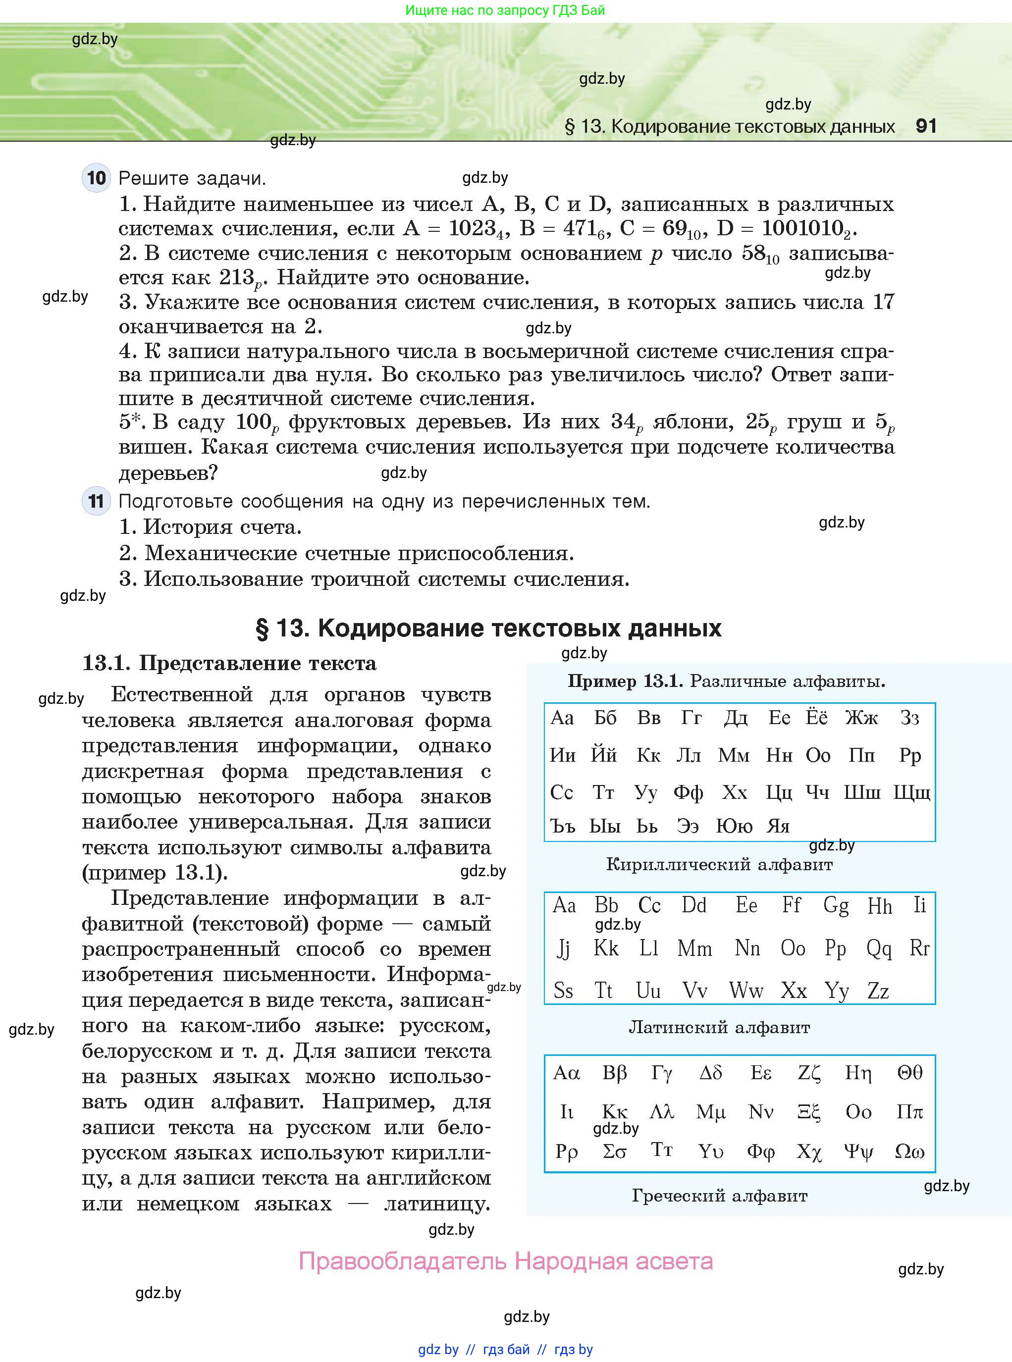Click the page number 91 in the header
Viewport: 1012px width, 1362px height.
pos(926,126)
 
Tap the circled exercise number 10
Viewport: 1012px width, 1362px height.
pos(96,178)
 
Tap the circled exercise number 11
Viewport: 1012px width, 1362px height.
pos(96,502)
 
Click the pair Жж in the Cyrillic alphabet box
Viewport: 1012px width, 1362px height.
pos(861,717)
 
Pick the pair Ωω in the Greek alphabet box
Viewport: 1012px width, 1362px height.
pos(909,1152)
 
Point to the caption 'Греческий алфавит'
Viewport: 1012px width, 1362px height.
pos(719,1196)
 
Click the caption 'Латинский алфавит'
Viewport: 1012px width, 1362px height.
pos(719,1027)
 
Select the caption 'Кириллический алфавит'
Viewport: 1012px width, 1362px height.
pos(719,864)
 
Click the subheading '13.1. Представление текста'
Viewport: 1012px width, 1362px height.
pos(229,663)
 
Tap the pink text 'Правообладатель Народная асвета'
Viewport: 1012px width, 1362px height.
pos(505,1261)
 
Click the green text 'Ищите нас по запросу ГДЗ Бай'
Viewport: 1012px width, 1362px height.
pos(505,10)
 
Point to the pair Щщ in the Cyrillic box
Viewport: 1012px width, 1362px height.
pos(911,792)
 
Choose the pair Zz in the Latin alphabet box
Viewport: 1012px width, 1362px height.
pos(878,990)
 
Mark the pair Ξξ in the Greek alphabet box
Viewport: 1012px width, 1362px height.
pos(808,1111)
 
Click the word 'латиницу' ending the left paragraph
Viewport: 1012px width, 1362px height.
pos(437,1204)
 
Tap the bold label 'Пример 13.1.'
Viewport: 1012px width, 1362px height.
pos(625,681)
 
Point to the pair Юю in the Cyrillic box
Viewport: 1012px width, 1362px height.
pos(734,826)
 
